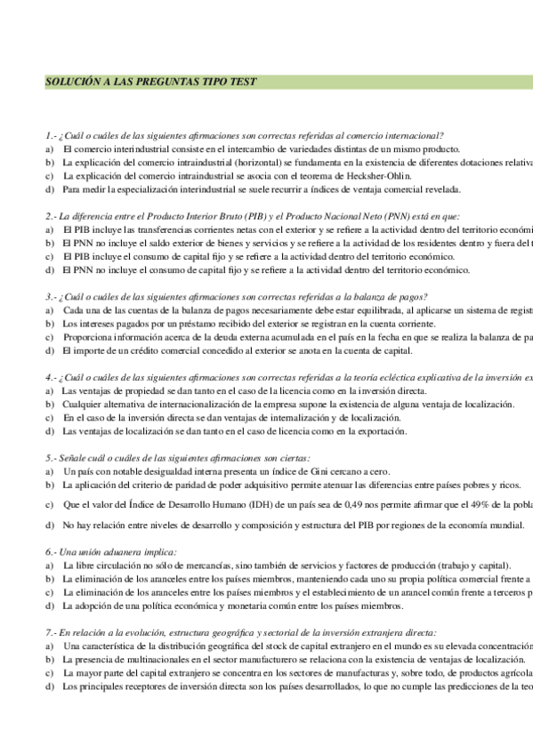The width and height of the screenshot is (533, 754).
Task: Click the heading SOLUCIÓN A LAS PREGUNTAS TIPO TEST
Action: [150, 82]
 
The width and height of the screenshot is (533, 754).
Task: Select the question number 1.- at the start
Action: [50, 135]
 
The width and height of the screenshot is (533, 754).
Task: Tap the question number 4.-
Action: [50, 378]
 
